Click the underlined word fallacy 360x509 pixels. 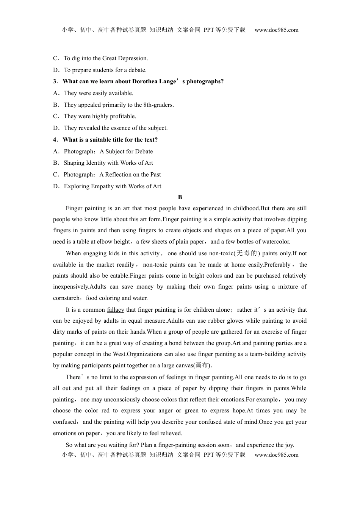tap(116, 310)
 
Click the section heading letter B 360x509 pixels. tap(180, 197)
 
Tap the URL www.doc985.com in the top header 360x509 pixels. tap(276, 30)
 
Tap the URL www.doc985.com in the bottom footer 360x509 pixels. tap(276, 455)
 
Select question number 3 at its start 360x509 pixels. tap(55, 81)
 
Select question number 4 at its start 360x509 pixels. tap(55, 140)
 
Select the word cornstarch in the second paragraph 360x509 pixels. tap(67, 298)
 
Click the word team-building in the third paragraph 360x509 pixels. tap(267, 354)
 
